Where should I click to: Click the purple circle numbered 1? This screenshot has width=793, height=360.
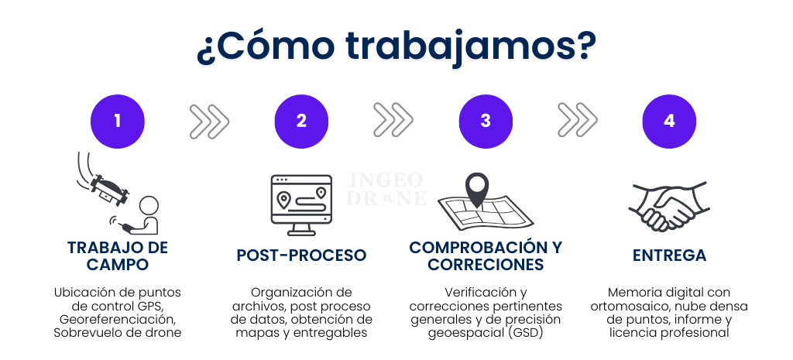click(118, 122)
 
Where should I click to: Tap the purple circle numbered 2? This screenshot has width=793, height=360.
click(301, 122)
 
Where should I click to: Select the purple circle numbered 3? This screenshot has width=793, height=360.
click(486, 122)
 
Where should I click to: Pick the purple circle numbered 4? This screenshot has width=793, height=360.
click(669, 122)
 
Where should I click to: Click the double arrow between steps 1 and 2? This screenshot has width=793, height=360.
click(209, 122)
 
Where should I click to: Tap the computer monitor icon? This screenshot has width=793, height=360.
click(301, 205)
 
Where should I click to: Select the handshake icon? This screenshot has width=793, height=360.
click(668, 206)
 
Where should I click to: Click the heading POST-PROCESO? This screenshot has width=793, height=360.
click(301, 255)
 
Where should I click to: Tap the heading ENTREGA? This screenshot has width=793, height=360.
click(669, 255)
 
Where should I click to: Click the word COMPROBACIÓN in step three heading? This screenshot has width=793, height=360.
click(472, 247)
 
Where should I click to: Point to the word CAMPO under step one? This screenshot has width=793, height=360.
click(118, 264)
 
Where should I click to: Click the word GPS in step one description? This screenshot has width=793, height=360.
click(149, 306)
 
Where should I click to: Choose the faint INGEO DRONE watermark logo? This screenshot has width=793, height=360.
click(386, 189)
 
